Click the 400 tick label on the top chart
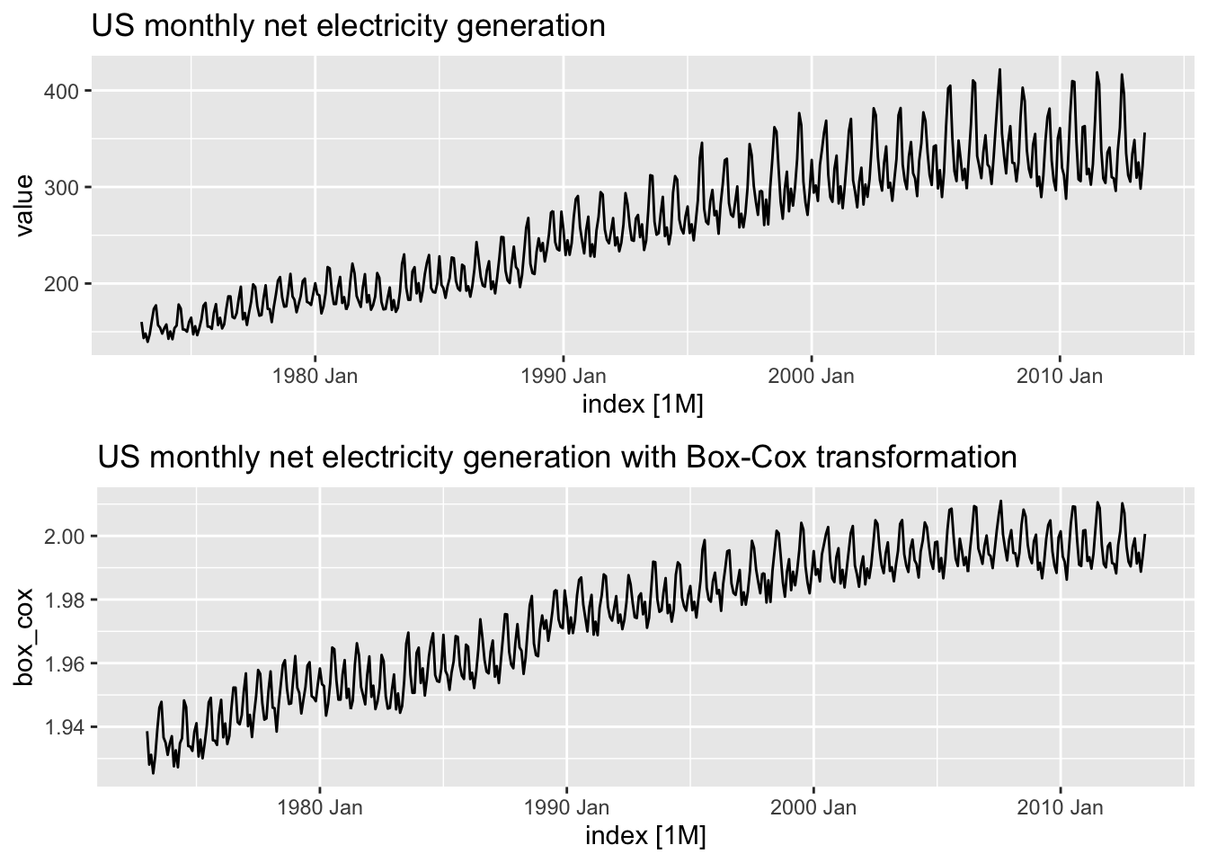click(61, 91)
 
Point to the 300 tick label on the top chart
click(61, 188)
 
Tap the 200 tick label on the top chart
click(61, 284)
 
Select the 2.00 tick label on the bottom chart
click(64, 537)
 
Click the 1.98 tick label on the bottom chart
click(64, 601)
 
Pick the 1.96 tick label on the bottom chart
click(64, 664)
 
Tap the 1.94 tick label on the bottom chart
click(64, 727)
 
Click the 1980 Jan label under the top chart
click(315, 376)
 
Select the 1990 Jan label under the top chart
click(563, 376)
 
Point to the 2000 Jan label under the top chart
click(811, 376)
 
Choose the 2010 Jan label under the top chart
click(1060, 376)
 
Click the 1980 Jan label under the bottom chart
click(320, 807)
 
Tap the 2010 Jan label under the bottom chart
click(1061, 807)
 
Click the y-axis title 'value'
click(24, 206)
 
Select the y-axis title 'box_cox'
click(24, 637)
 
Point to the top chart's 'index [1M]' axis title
click(643, 405)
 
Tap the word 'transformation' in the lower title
click(917, 458)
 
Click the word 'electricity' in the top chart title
click(381, 26)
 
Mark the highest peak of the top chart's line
click(999, 69)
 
